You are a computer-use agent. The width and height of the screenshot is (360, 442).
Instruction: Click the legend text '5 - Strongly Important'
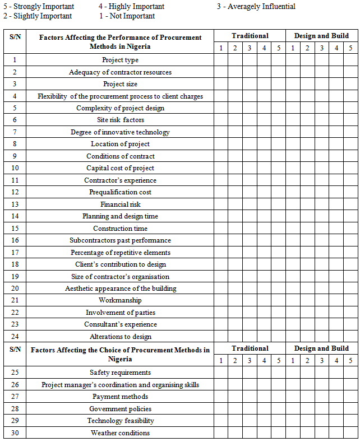(x=39, y=7)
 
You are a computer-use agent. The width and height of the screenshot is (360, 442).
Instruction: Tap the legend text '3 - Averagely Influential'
(x=256, y=7)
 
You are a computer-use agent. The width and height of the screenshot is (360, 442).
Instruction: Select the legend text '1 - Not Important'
(x=127, y=16)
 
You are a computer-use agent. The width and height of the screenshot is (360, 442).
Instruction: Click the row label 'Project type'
(x=120, y=60)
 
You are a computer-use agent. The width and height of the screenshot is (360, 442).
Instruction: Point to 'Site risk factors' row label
(x=120, y=120)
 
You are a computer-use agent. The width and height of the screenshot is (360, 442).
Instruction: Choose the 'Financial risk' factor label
(x=120, y=204)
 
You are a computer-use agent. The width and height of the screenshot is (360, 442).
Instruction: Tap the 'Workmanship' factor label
(x=120, y=300)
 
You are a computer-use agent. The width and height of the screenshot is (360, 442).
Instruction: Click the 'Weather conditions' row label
(x=120, y=433)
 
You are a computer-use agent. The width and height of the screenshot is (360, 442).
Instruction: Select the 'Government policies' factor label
(x=120, y=409)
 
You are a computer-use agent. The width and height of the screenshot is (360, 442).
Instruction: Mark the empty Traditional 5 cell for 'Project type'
(x=279, y=60)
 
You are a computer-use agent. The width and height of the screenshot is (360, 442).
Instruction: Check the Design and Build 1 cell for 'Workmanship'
(x=293, y=300)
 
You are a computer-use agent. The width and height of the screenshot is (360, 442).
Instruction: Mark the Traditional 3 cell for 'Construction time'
(x=250, y=229)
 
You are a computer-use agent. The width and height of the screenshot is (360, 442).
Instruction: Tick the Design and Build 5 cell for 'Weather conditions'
(x=350, y=433)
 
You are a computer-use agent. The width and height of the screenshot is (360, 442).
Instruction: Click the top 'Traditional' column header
(x=250, y=36)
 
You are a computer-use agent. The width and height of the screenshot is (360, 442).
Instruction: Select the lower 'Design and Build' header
(x=321, y=348)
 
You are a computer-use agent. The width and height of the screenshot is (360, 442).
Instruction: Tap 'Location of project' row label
(x=120, y=144)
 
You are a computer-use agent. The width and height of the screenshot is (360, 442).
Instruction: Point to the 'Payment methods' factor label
(x=120, y=397)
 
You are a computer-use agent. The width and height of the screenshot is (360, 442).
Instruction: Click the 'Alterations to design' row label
(x=120, y=337)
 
